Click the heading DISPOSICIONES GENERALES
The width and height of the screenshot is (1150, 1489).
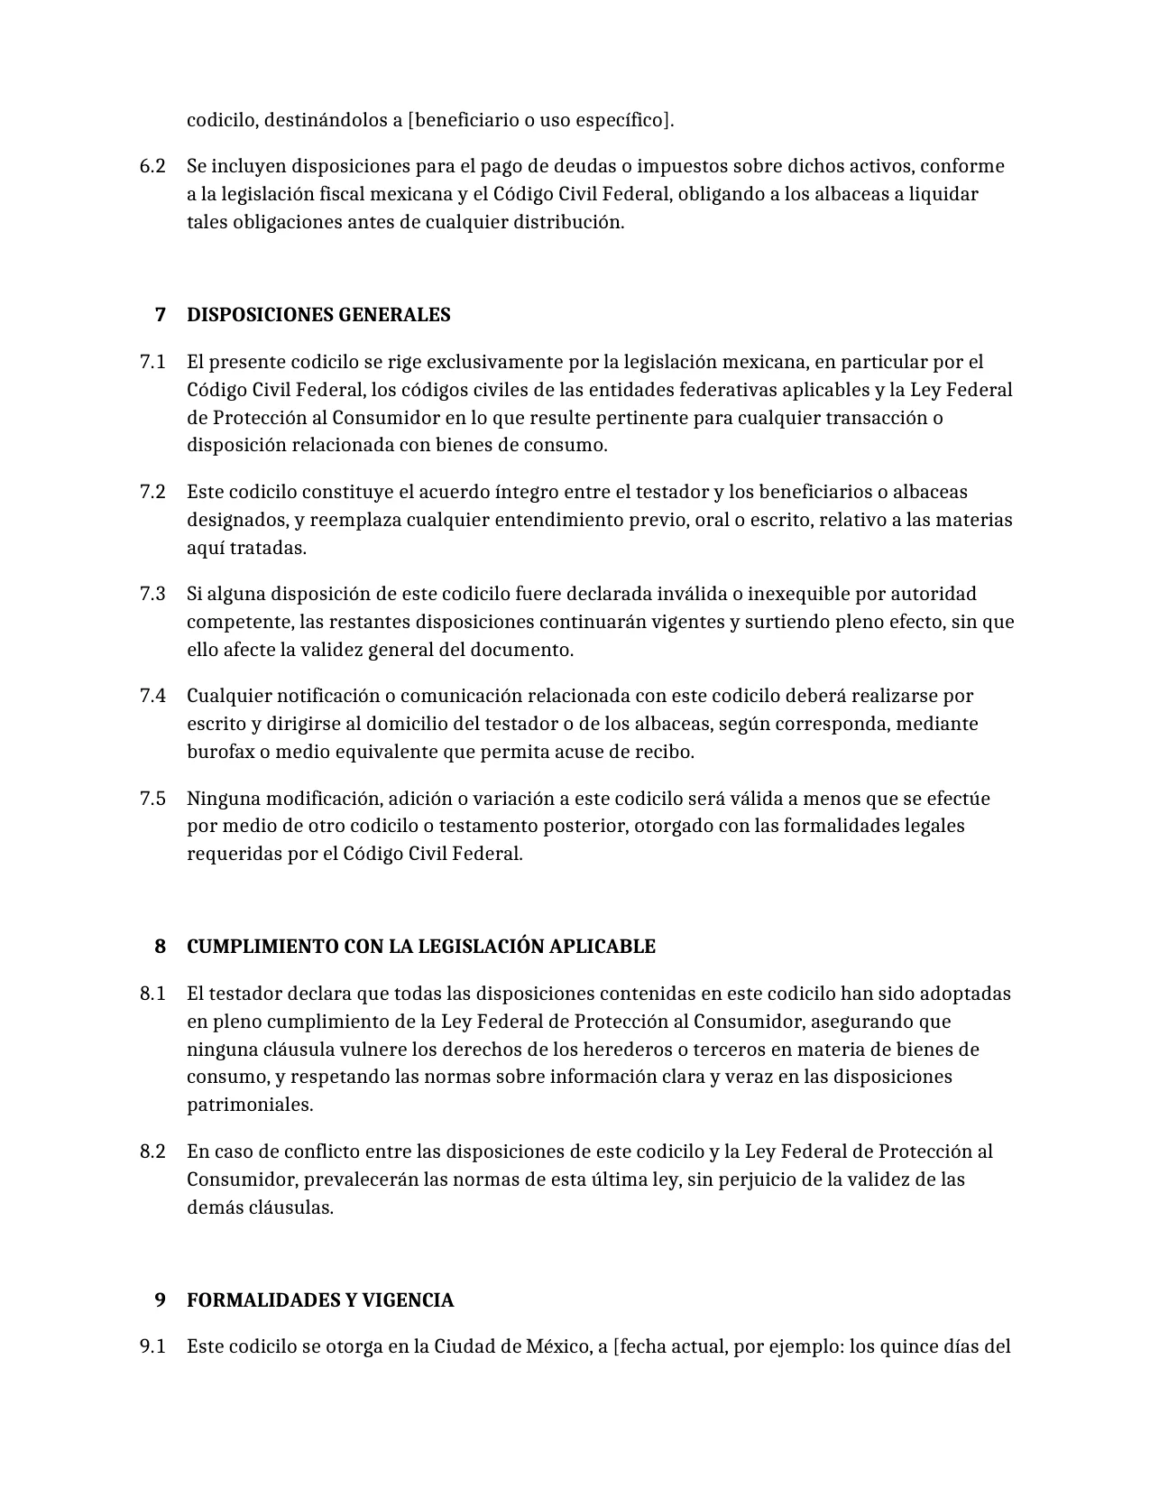[x=318, y=315]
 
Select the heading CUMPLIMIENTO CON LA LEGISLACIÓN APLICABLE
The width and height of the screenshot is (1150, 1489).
[x=420, y=947]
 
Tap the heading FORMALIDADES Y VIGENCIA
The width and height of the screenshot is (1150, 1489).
[x=320, y=1300]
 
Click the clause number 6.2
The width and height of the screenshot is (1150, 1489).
[x=152, y=166]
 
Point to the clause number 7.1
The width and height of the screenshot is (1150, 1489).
[x=152, y=362]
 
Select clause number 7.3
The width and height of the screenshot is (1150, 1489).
[x=152, y=594]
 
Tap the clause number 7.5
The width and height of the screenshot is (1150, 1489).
[x=152, y=799]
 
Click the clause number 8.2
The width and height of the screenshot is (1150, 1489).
[x=152, y=1151]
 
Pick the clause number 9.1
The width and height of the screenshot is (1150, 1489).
[x=152, y=1347]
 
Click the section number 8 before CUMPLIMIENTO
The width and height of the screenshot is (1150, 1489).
[x=161, y=947]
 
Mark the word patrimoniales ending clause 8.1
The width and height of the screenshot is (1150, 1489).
[x=250, y=1105]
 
